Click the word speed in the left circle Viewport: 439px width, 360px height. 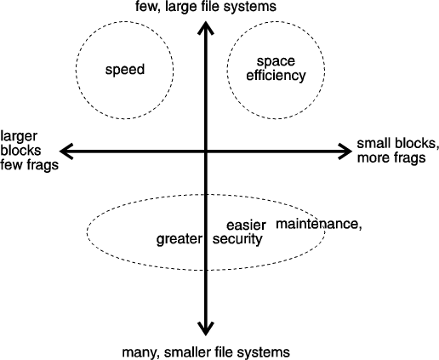pos(125,70)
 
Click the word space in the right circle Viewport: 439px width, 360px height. pos(276,61)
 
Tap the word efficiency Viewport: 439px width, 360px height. pos(276,76)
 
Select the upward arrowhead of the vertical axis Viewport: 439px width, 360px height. pos(205,27)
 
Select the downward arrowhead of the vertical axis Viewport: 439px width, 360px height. pos(205,329)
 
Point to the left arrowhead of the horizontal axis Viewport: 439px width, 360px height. pos(66,151)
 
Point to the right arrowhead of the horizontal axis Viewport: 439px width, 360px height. pos(345,151)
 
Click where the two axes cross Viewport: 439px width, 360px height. pos(205,151)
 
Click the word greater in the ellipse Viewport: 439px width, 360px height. pos(180,239)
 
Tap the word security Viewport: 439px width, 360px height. pos(237,239)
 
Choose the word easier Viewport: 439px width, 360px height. pos(246,226)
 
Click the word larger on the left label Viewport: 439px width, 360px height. pos(19,137)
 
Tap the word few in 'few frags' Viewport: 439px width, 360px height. pos(10,164)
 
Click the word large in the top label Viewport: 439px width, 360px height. pos(179,7)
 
